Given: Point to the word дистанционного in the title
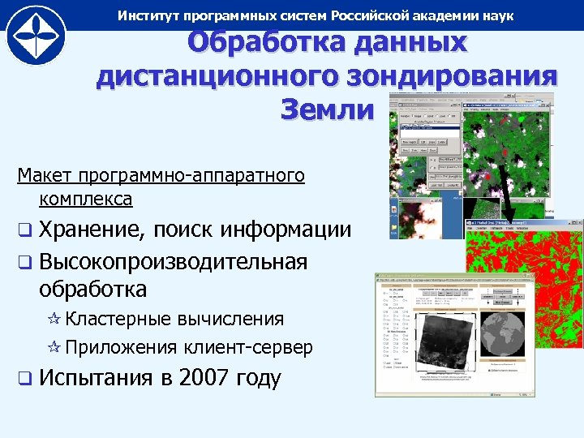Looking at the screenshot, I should [x=212, y=76].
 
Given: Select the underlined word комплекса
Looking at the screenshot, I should [x=84, y=197].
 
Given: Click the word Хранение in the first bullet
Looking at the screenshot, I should [x=88, y=230].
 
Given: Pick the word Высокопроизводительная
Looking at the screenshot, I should [x=173, y=261].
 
